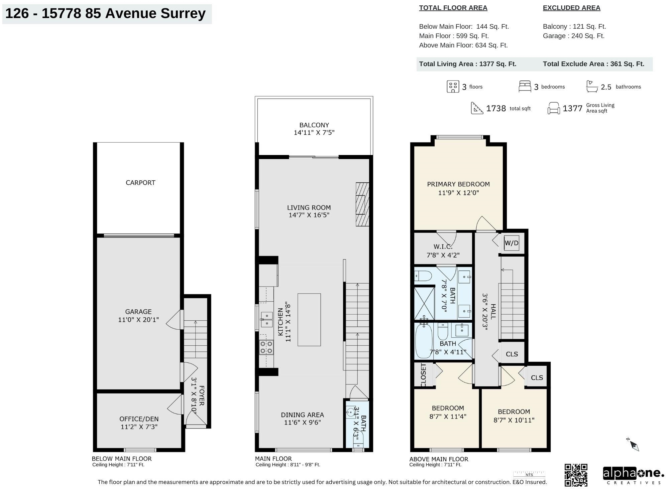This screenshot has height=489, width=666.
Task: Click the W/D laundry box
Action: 511,243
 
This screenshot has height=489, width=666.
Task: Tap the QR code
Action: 576,475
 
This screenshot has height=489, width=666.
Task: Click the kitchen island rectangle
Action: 309,320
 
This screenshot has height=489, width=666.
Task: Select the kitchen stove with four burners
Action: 266,347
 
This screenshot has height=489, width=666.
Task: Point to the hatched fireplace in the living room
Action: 362,204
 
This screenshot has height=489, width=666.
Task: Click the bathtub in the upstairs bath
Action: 424,340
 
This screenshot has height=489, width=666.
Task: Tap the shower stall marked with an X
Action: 424,303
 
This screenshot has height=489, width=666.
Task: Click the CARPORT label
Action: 140,183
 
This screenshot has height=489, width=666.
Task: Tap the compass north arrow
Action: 633,444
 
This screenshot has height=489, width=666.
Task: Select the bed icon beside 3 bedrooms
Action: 525,86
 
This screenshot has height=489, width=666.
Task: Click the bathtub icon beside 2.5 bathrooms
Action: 592,87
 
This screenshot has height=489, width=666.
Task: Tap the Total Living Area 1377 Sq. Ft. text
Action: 467,64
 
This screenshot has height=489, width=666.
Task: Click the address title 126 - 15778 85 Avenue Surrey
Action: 105,13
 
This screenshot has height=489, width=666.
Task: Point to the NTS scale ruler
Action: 529,474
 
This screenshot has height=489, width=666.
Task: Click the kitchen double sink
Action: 267,320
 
